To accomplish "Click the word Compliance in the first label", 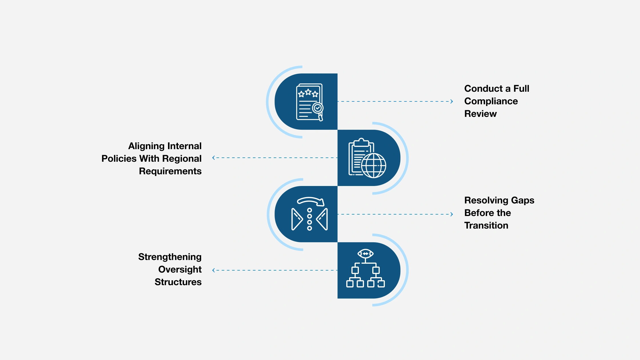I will [491, 101].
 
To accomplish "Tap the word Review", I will [480, 114].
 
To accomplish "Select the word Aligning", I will [147, 146].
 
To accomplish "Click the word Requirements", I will [170, 171].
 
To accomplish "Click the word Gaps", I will [523, 200].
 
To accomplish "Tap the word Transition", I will [486, 225].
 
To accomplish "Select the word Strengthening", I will [170, 257].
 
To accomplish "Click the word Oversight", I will [180, 269].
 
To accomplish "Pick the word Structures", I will [178, 282].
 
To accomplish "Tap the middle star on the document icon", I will [308, 92].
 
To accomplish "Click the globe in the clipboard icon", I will [374, 165].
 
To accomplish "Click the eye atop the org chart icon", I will [365, 253].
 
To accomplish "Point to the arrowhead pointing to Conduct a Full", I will [452, 101].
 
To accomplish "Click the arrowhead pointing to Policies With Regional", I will [214, 158].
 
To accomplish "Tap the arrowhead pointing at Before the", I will [452, 214].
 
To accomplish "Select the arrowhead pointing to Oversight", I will [214, 270].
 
